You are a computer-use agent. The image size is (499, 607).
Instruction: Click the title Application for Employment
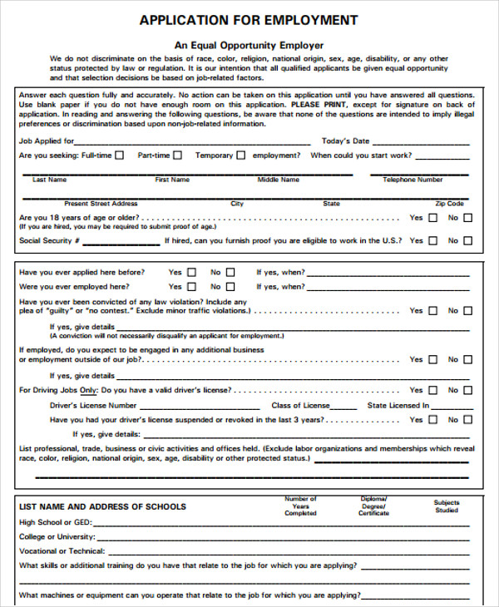pyautogui.click(x=249, y=20)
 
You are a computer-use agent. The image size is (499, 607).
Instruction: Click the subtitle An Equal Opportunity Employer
pyautogui.click(x=249, y=45)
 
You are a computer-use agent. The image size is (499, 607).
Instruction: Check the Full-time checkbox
pyautogui.click(x=120, y=155)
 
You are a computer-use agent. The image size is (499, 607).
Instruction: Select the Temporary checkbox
pyautogui.click(x=241, y=155)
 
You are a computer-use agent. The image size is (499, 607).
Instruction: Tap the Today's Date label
pyautogui.click(x=345, y=141)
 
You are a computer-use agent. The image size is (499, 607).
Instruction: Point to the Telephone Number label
pyautogui.click(x=413, y=180)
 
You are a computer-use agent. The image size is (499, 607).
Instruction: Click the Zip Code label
pyautogui.click(x=450, y=204)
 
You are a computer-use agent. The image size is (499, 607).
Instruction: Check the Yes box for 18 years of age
pyautogui.click(x=432, y=219)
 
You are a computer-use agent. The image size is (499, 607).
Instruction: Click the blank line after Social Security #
pyautogui.click(x=121, y=242)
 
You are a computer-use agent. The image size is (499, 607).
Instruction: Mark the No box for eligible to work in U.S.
pyautogui.click(x=467, y=241)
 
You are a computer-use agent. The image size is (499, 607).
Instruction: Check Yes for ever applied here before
pyautogui.click(x=192, y=273)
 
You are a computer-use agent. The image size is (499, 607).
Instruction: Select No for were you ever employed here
pyautogui.click(x=230, y=287)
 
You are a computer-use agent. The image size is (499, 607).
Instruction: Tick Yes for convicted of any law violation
pyautogui.click(x=432, y=311)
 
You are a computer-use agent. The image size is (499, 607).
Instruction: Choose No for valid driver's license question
pyautogui.click(x=467, y=390)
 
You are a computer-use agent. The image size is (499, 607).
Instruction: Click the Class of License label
pyautogui.click(x=300, y=406)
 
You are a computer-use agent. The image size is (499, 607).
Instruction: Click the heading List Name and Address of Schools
pyautogui.click(x=102, y=506)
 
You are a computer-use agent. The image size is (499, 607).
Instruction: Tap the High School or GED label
pyautogui.click(x=55, y=523)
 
